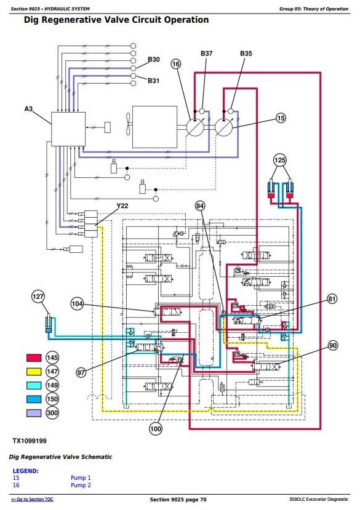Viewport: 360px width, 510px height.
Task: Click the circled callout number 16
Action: point(176,64)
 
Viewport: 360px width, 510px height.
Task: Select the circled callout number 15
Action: point(281,118)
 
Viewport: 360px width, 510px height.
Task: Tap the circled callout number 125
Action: point(279,160)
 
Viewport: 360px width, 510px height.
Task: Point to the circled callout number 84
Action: point(200,205)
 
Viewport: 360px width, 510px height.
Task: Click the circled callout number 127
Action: point(38,297)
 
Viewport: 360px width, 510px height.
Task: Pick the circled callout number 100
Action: point(156,429)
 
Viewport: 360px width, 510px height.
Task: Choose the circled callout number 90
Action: point(333,345)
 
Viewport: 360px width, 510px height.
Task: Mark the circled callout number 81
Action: point(332,298)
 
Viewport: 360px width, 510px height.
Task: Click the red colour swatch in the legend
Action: point(34,358)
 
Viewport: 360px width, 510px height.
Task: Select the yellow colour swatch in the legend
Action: point(34,372)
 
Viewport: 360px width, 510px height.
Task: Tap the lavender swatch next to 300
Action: point(34,413)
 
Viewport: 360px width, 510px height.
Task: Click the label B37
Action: point(206,54)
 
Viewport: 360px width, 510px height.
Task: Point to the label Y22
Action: point(122,206)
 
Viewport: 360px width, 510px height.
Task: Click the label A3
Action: point(29,109)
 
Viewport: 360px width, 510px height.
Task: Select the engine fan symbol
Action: point(128,124)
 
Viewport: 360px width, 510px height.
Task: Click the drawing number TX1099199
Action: point(30,440)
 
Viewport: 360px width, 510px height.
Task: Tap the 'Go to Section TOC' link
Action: point(32,500)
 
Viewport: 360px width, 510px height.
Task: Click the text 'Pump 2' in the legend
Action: point(81,485)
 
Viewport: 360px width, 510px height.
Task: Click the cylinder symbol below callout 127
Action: point(49,323)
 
